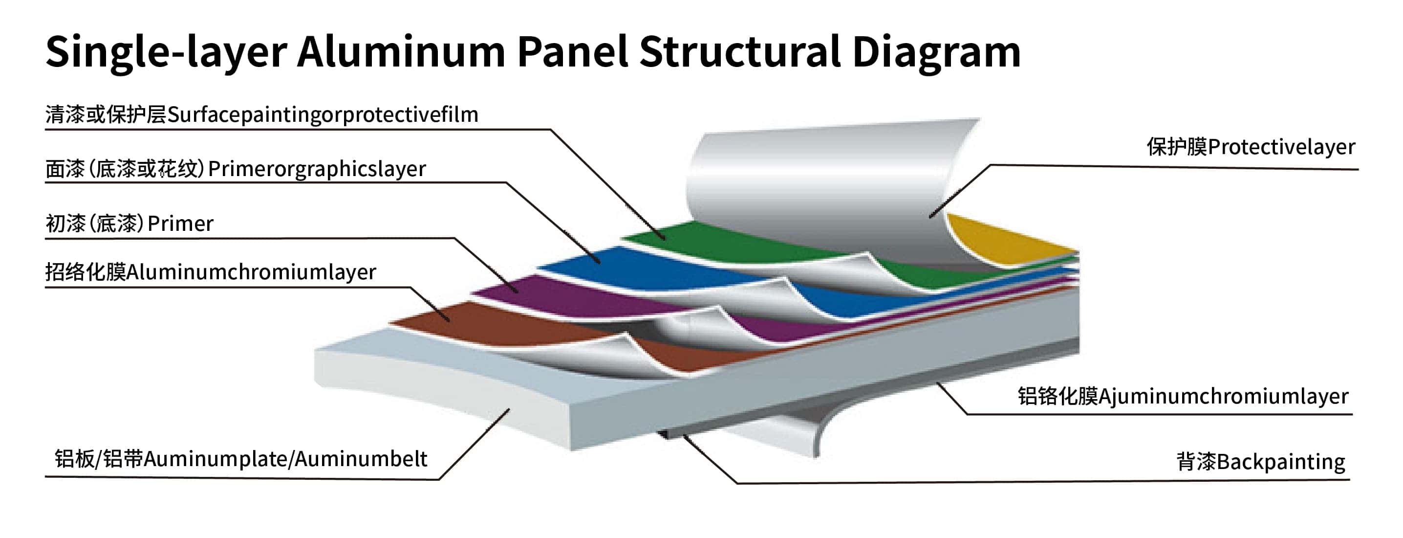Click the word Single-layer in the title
click(x=166, y=52)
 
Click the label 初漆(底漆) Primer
click(x=130, y=224)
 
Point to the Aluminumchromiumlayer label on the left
click(x=251, y=271)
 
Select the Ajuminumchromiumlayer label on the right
click(x=1223, y=396)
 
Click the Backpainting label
click(x=1280, y=461)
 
